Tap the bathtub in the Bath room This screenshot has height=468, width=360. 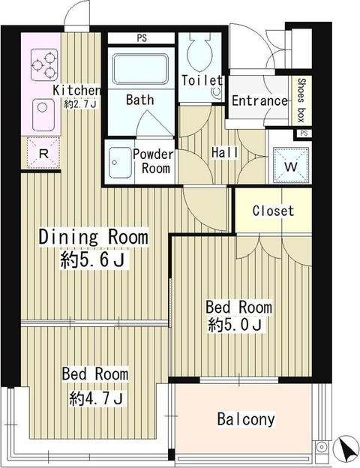pos(140,69)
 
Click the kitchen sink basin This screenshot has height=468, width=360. pos(43,115)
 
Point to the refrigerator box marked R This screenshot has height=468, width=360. pos(43,152)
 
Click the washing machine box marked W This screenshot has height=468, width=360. pos(291,165)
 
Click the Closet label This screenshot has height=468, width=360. pos(273,211)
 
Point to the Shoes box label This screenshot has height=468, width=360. pos(301,100)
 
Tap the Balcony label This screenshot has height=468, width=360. pos(246,419)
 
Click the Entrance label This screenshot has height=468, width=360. pos(259,100)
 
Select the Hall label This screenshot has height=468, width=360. pos(224,152)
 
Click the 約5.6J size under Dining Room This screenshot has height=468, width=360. pos(92,259)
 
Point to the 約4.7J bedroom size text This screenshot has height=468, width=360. pos(96,397)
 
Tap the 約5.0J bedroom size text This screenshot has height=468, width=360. pos(235,325)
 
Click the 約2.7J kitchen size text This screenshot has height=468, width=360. pos(80,104)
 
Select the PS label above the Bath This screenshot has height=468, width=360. pos(142,38)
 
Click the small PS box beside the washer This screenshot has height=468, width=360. pos(304,133)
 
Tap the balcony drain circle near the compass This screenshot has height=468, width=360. pos(322,447)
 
